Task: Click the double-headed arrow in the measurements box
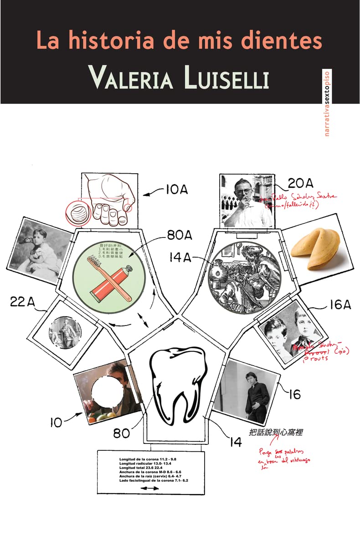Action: tap(149, 488)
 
